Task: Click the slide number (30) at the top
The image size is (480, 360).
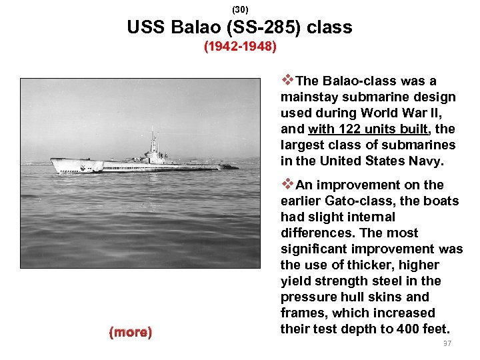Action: (x=240, y=10)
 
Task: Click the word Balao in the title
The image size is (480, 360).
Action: (x=193, y=28)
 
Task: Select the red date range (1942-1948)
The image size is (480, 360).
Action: (x=240, y=47)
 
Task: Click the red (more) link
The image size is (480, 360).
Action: (x=131, y=332)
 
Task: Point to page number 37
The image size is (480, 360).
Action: (x=446, y=343)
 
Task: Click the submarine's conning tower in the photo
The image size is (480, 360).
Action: (x=154, y=150)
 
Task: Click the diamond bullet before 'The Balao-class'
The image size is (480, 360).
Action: (x=287, y=81)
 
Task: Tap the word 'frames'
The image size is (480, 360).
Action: (x=303, y=313)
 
